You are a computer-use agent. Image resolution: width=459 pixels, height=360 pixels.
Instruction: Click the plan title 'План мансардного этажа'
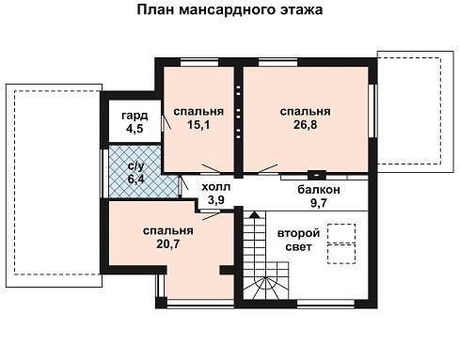pyautogui.click(x=229, y=9)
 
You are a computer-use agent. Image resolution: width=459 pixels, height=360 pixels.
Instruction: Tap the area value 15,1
pyautogui.click(x=198, y=125)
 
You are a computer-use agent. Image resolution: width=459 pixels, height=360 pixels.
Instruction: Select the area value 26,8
pyautogui.click(x=305, y=125)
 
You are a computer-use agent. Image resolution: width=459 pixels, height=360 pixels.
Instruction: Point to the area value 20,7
pyautogui.click(x=168, y=243)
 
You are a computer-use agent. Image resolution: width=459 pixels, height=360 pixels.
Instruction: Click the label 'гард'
pyautogui.click(x=135, y=116)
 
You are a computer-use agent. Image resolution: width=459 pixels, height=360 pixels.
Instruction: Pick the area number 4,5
pyautogui.click(x=135, y=129)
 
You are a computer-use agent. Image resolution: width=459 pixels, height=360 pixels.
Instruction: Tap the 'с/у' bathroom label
pyautogui.click(x=136, y=166)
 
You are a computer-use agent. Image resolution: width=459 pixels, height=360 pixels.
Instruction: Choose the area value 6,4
pyautogui.click(x=136, y=180)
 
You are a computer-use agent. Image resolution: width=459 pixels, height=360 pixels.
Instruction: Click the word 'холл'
pyautogui.click(x=216, y=187)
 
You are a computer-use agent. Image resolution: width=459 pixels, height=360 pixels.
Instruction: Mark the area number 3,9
pyautogui.click(x=216, y=199)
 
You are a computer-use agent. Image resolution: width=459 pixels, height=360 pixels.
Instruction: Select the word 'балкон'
pyautogui.click(x=319, y=190)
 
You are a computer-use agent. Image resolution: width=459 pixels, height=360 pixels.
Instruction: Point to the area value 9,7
pyautogui.click(x=319, y=203)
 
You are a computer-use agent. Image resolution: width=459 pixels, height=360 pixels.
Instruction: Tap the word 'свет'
pyautogui.click(x=298, y=247)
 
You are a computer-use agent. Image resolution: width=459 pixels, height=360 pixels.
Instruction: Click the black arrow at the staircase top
pyautogui.click(x=255, y=214)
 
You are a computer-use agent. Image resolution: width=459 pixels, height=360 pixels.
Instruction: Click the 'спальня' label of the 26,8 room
pyautogui.click(x=305, y=112)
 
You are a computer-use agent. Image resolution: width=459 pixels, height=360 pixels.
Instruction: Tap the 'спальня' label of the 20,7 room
pyautogui.click(x=168, y=231)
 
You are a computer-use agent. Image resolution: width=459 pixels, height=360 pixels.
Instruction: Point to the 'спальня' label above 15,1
pyautogui.click(x=198, y=112)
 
